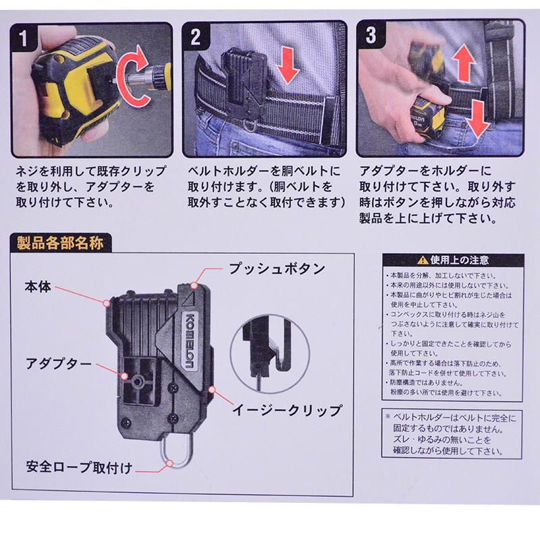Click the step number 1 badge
click(23, 37)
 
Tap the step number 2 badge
click(195, 36)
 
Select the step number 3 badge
click(371, 35)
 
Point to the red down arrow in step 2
click(288, 65)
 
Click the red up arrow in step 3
click(464, 63)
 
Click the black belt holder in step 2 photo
click(245, 82)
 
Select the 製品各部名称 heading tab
click(61, 243)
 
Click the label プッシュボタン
click(277, 269)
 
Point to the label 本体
click(38, 286)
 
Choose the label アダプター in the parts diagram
click(59, 364)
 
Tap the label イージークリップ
click(287, 410)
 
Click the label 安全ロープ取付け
click(79, 467)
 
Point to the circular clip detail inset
click(269, 354)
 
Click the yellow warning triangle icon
click(423, 261)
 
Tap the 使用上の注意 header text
click(460, 261)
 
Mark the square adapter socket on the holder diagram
click(138, 381)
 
